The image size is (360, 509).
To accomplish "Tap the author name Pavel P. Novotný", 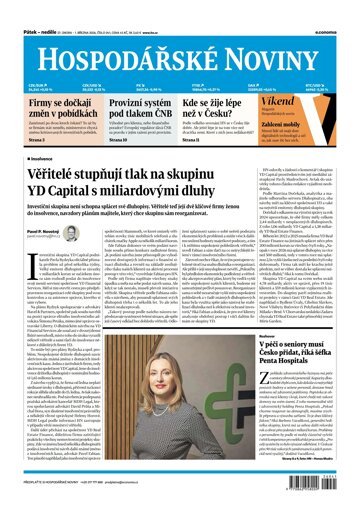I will point(36,231).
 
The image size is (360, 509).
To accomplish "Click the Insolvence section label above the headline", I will point(30,158).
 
